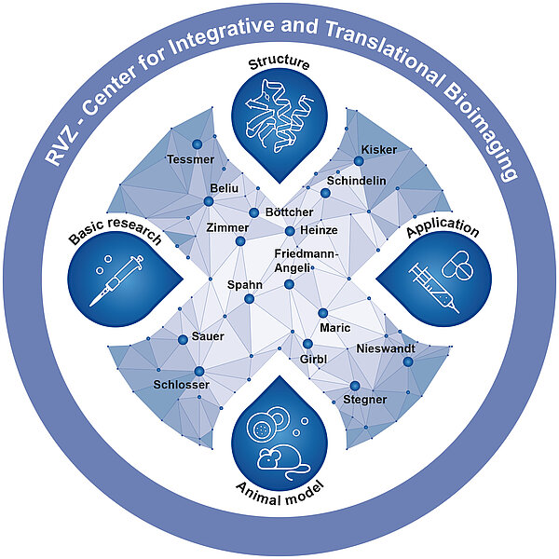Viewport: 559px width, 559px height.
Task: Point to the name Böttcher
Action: (289, 212)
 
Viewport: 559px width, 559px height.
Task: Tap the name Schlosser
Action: (181, 385)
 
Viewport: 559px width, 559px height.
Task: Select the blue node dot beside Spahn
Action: (249, 298)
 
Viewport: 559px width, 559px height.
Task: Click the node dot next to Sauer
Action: (183, 340)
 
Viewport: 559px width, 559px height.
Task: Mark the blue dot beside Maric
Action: (322, 313)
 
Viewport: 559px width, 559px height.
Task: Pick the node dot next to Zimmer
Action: (240, 241)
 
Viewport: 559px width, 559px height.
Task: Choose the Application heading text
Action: (442, 232)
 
